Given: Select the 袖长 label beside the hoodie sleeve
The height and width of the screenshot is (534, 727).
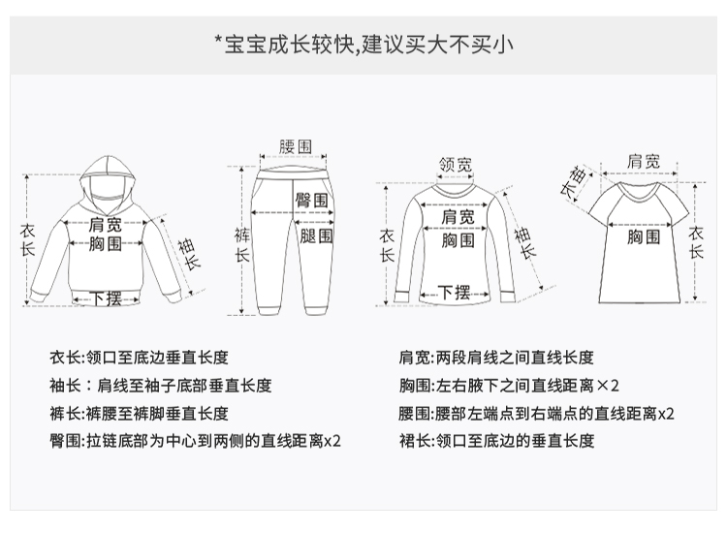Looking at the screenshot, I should (189, 253).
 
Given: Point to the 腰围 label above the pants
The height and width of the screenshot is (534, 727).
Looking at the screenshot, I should (295, 146).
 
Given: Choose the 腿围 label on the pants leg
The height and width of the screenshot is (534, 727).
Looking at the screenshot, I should (315, 236).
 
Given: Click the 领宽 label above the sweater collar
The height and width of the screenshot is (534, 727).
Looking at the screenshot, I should (456, 165).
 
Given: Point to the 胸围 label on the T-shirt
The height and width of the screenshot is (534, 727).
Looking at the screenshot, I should (643, 236).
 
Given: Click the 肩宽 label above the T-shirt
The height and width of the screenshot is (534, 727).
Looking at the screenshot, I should (644, 161).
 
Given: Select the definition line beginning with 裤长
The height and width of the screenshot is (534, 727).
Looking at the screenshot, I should (140, 413).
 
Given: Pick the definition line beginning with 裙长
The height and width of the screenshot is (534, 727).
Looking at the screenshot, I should (495, 441).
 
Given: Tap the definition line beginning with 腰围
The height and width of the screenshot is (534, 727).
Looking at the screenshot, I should (536, 413).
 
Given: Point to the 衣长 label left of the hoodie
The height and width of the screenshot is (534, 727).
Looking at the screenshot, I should (27, 238).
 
